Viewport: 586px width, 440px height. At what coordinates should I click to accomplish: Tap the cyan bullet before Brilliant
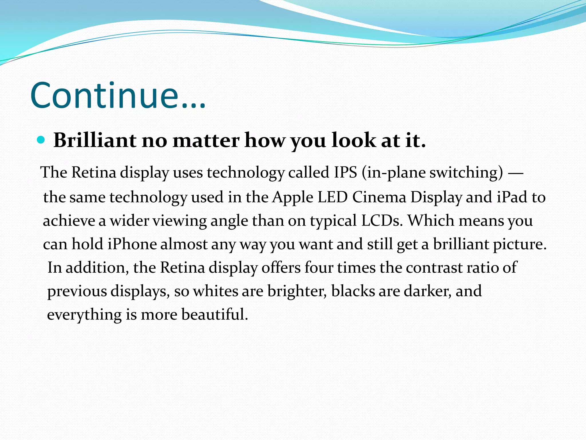point(41,140)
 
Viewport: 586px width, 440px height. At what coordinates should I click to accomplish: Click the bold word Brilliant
point(95,140)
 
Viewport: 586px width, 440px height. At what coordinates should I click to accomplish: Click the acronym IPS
point(345,172)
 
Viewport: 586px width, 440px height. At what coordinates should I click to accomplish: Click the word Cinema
point(379,197)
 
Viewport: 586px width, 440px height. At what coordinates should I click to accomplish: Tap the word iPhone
point(132,244)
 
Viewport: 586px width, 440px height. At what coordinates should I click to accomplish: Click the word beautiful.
point(215,314)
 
